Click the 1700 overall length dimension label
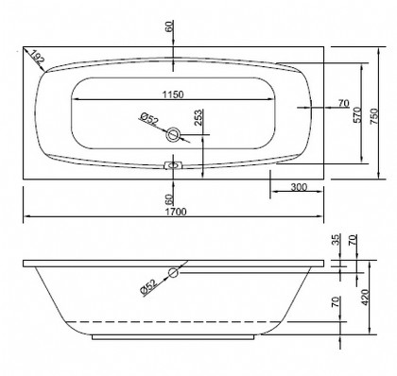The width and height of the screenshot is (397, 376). point(176,212)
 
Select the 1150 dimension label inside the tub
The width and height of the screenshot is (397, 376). point(173,94)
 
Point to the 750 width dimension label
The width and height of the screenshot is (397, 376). point(373,116)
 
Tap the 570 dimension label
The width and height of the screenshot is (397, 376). point(356,115)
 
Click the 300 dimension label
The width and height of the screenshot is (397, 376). point(299,187)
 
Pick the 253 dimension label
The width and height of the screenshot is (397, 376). point(198,118)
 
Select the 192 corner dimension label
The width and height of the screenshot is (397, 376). point(38,59)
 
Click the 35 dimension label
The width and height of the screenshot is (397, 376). point(337,240)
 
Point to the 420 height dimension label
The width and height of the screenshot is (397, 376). point(365,298)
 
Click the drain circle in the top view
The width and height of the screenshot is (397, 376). point(173,135)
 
